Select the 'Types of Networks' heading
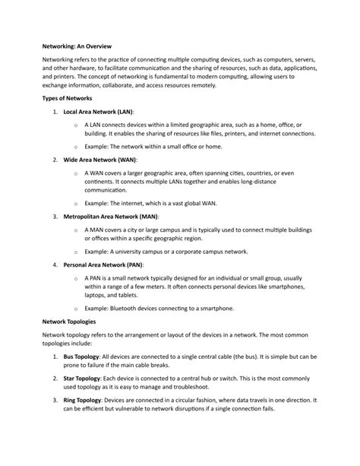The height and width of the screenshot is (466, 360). (x=67, y=99)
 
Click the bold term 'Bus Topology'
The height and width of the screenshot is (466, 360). (x=81, y=357)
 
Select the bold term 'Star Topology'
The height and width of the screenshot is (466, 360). (x=82, y=378)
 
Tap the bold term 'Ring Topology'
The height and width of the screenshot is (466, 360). (x=82, y=399)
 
